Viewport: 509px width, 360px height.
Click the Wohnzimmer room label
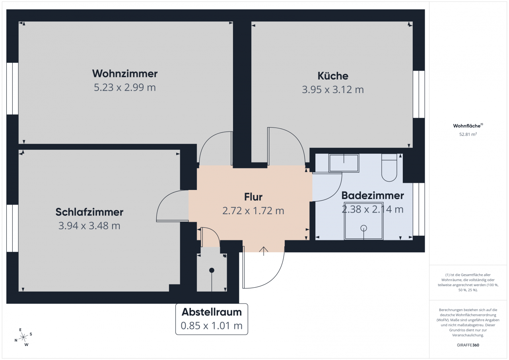[125, 74]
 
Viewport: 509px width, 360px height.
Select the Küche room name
[333, 75]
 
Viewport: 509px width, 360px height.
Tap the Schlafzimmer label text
[89, 212]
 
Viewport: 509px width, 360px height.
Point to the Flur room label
[253, 197]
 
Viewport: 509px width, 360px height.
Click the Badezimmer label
[373, 195]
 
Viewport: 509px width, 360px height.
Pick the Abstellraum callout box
[212, 319]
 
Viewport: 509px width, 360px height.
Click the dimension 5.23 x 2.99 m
[125, 87]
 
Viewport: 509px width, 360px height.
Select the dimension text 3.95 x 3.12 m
[333, 89]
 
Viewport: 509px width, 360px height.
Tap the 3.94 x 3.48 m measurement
[89, 226]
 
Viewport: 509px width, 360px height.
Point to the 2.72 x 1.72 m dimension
[253, 211]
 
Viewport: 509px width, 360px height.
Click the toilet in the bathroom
[389, 169]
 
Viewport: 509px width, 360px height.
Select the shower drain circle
[363, 228]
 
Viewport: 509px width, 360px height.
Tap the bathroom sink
[344, 163]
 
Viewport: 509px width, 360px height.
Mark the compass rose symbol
[23, 337]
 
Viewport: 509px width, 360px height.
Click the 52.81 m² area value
[468, 134]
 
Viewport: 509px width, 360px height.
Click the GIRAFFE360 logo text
[468, 345]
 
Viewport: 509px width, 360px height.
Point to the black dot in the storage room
[212, 270]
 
